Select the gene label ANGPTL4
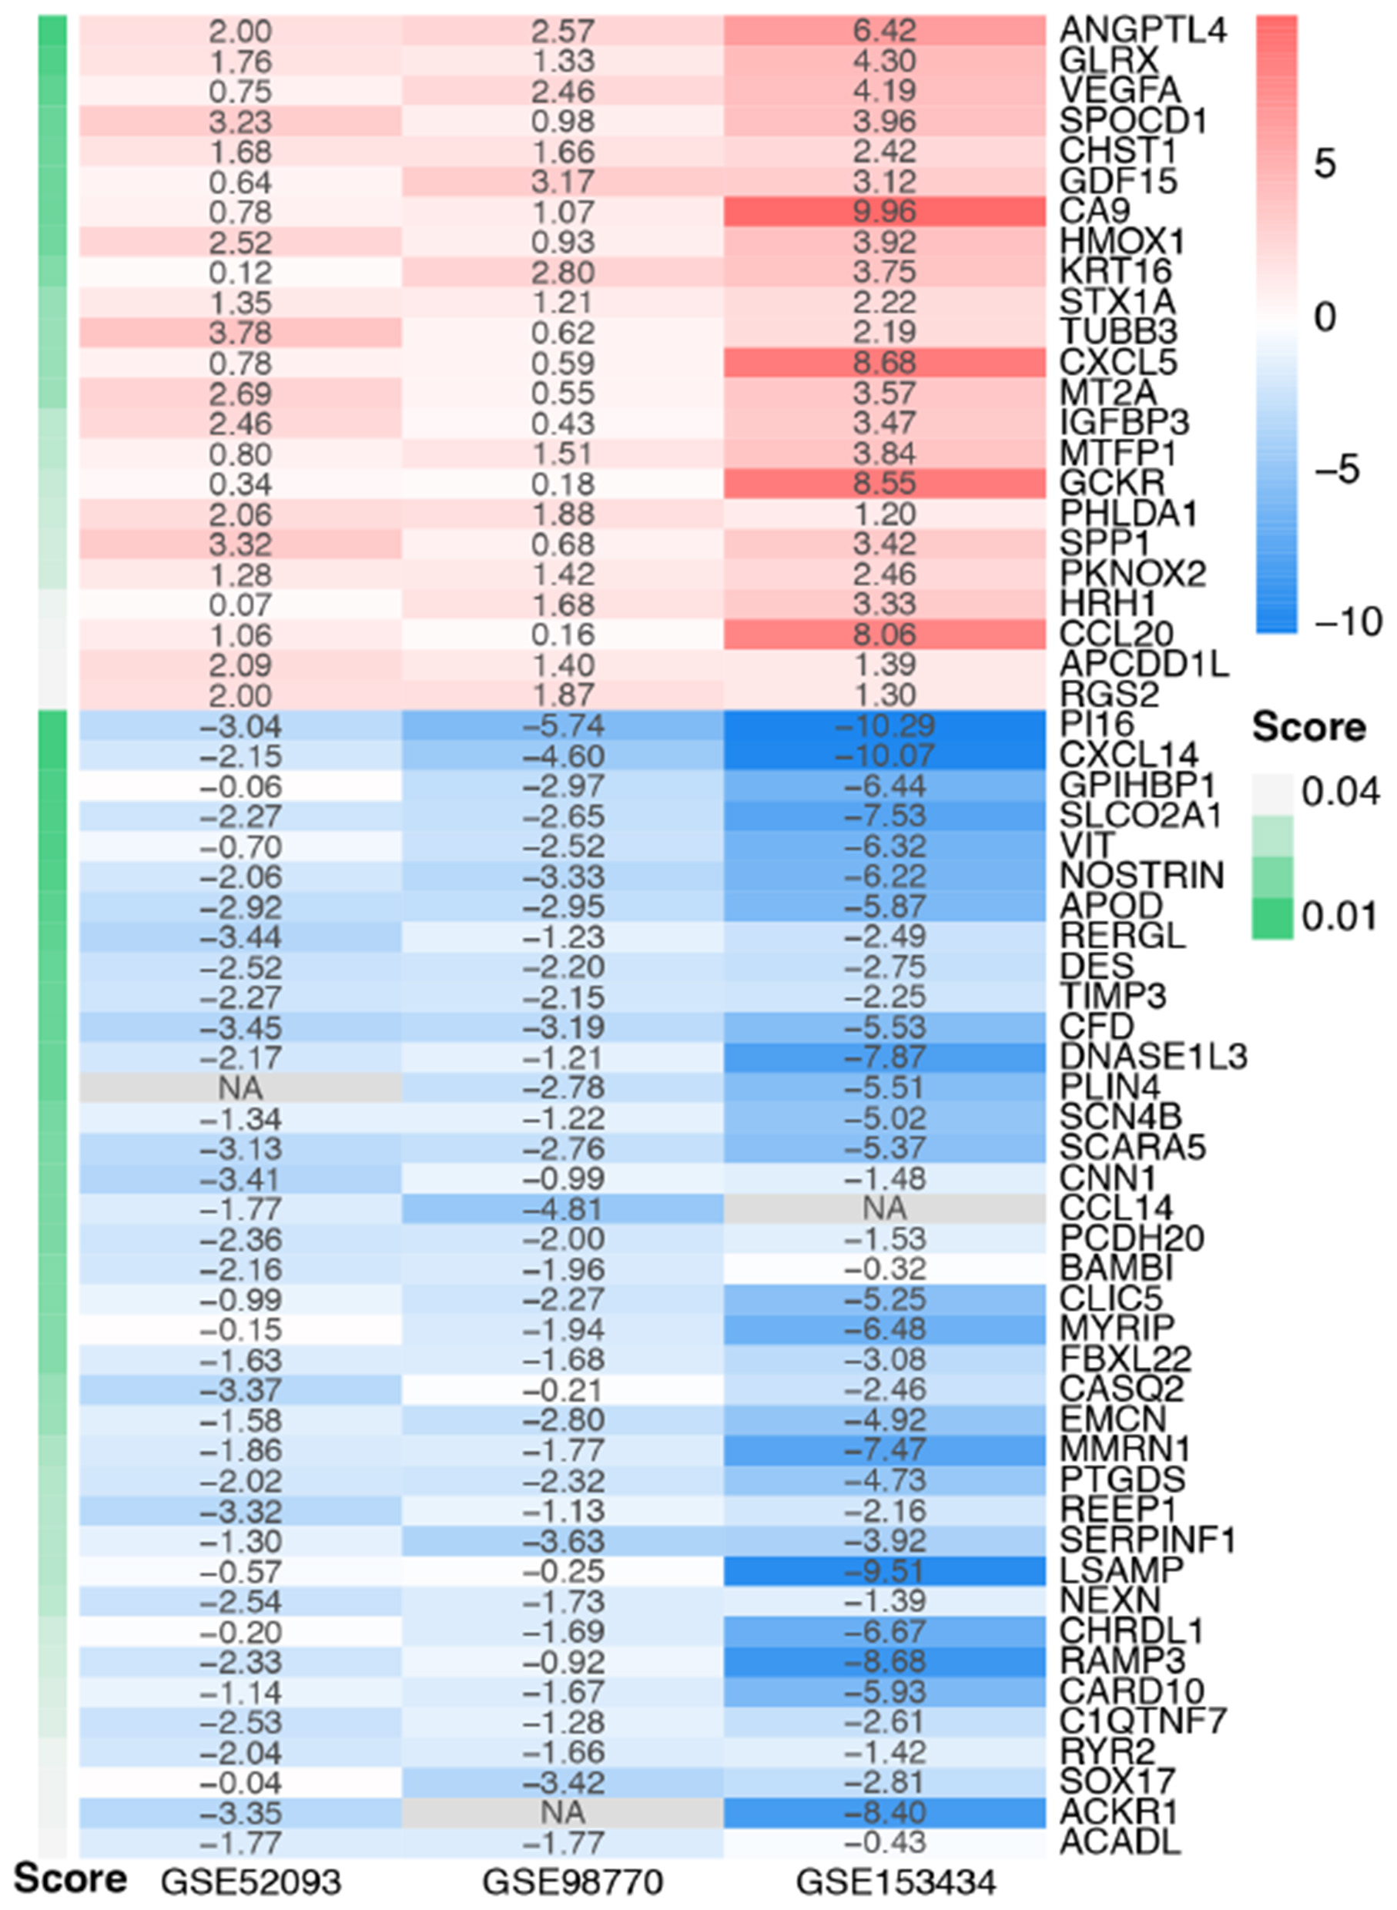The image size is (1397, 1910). coord(1142,32)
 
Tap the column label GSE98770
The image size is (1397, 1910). coord(572,1882)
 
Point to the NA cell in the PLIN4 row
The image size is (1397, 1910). coord(240,1088)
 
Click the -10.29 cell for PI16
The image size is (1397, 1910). coord(885,726)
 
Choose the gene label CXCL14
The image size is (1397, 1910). coord(1129,755)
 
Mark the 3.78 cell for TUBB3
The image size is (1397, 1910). coord(240,332)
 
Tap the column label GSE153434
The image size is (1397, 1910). coord(896,1882)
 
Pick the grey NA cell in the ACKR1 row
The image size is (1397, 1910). coord(562,1813)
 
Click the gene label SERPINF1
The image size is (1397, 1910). coord(1147,1540)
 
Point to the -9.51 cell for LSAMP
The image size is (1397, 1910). coord(885,1571)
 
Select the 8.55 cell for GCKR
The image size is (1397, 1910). coord(885,484)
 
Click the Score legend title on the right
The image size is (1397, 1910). coord(1308,728)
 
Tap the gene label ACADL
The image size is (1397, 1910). coord(1120,1841)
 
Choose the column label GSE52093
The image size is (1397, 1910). coord(251,1882)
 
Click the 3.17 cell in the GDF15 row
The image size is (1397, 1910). coord(562,182)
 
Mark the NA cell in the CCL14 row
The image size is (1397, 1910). coord(885,1209)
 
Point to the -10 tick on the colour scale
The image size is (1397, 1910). coord(1348,622)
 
